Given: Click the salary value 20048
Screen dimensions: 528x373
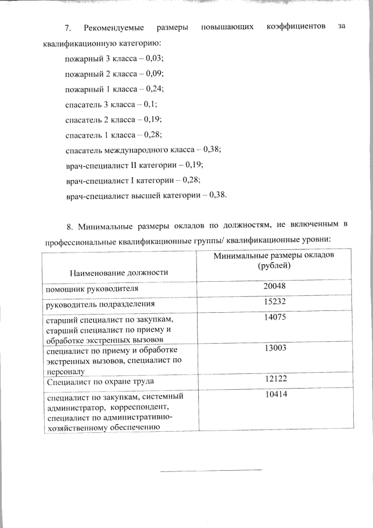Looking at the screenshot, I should [x=273, y=286].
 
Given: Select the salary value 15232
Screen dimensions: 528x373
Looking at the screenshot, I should [x=273, y=302].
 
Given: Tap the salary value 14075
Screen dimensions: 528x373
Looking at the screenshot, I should [x=273, y=318].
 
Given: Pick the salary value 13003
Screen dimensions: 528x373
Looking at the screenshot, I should [x=273, y=348].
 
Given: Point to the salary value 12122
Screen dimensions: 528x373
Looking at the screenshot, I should [x=273, y=379].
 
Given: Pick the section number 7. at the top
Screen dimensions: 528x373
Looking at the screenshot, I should [x=68, y=28].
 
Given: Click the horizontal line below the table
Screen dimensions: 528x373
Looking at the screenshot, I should [x=210, y=470].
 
